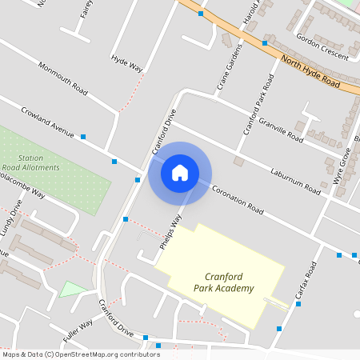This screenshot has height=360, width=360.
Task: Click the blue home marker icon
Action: point(180,172)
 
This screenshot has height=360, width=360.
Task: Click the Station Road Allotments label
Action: point(33,162)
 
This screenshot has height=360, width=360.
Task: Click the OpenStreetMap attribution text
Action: point(80,354)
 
